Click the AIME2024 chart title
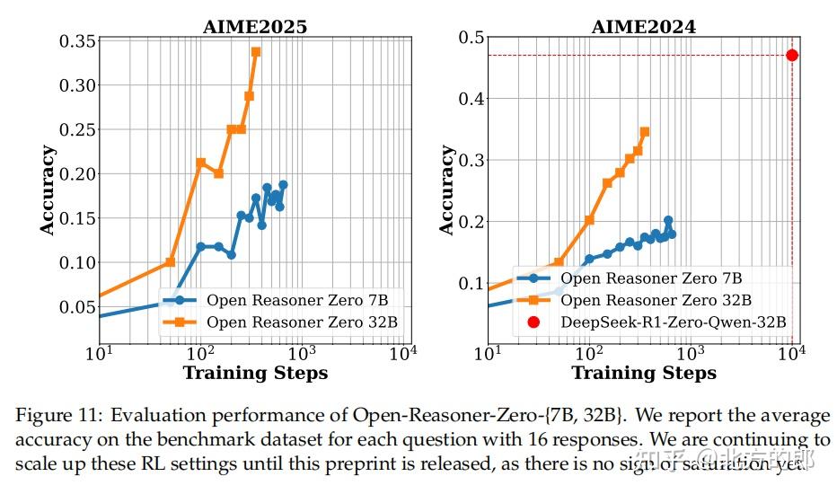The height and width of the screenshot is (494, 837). (643, 26)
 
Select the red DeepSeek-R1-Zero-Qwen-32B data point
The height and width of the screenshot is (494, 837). (791, 55)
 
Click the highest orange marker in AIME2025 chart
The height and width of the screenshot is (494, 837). (256, 52)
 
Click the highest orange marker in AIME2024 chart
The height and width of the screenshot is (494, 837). (644, 132)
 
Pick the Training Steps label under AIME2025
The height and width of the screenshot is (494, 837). (255, 373)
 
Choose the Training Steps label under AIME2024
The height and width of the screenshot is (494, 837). (644, 373)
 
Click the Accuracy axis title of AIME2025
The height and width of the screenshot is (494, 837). (48, 190)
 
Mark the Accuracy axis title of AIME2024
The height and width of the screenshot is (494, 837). (446, 190)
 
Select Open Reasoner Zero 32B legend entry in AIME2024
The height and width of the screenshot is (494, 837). (656, 300)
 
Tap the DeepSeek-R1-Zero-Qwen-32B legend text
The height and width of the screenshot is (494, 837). (674, 322)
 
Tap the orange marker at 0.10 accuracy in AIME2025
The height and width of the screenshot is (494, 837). (170, 262)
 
